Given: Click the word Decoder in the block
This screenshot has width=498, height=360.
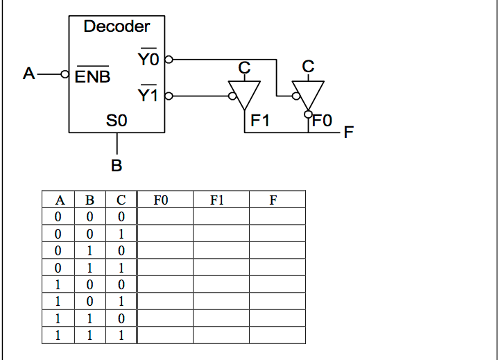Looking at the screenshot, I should [117, 26].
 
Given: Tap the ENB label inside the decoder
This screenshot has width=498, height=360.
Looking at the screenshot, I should [92, 76].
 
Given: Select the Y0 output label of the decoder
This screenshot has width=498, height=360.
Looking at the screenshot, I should [148, 60].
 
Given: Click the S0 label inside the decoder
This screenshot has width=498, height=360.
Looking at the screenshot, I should [117, 121].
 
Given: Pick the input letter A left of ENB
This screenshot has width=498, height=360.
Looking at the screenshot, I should [28, 73].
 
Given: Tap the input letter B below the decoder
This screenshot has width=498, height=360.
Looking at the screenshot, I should [117, 166].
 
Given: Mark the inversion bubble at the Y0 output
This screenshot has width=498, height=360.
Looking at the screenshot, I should [168, 60].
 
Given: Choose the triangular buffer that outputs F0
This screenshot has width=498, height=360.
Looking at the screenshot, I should [307, 92].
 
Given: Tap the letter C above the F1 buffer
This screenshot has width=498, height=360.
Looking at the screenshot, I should [244, 67].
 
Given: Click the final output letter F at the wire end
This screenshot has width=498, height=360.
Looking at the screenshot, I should [349, 132].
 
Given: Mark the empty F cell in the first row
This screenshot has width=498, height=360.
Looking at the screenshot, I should [277, 216].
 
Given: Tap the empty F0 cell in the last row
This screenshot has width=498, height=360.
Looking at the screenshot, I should [165, 335].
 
